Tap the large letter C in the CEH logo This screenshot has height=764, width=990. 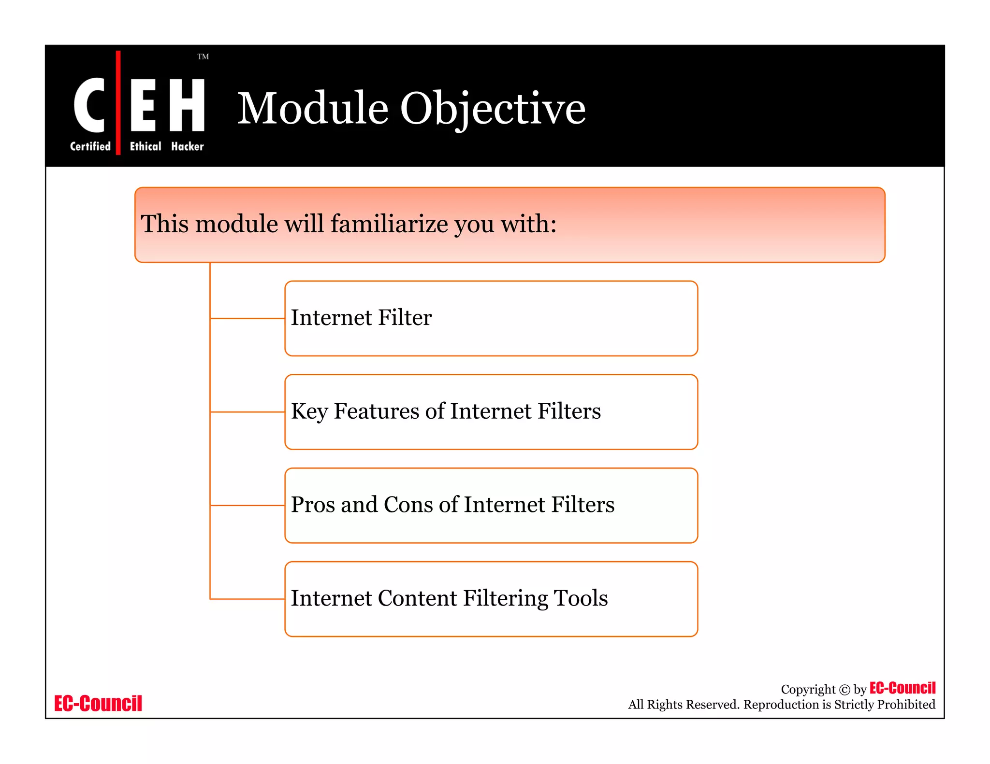tap(89, 105)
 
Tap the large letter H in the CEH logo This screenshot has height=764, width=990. tap(187, 105)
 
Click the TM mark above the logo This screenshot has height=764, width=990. tap(203, 57)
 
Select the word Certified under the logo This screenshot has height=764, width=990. tap(90, 146)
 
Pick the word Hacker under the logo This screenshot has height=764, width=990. tap(187, 146)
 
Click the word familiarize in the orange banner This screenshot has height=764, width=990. tap(389, 224)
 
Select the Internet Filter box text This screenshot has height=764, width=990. tap(361, 318)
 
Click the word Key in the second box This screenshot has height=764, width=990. tap(309, 411)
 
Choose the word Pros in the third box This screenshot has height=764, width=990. tap(313, 505)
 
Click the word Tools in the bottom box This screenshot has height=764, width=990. tap(580, 598)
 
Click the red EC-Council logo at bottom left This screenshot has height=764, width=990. tap(98, 704)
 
